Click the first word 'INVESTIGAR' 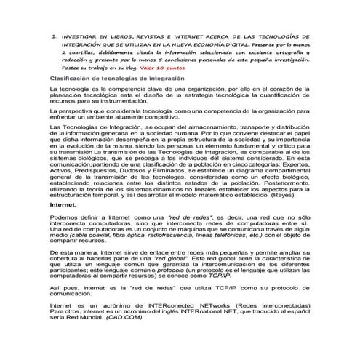[x=80, y=34]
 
